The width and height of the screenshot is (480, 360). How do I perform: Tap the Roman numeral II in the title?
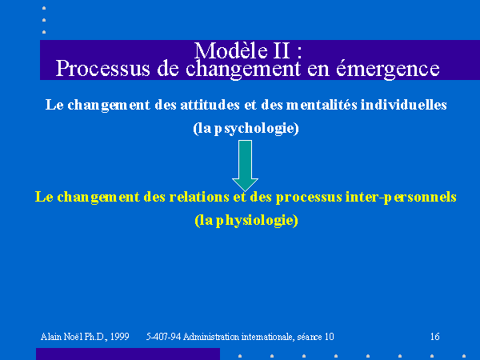tap(281, 50)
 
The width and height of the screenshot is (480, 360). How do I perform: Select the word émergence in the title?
tap(388, 69)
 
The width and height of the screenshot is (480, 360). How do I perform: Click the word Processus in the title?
tap(103, 69)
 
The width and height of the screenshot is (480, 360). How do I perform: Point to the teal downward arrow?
tap(246, 166)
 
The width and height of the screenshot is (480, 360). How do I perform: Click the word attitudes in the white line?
tap(210, 105)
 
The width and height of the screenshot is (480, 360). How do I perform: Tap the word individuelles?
tap(404, 105)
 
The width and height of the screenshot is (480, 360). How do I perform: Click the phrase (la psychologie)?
tap(246, 128)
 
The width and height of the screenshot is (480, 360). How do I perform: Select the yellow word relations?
tap(199, 197)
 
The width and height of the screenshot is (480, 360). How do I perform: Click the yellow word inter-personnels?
tap(401, 197)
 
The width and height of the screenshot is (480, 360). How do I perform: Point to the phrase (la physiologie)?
tap(246, 221)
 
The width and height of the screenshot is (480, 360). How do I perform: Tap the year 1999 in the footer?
tap(120, 337)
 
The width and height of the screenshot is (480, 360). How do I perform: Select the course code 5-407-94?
tap(163, 337)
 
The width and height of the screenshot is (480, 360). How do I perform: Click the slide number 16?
tap(434, 337)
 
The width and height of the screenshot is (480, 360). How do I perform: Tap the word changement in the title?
tap(243, 69)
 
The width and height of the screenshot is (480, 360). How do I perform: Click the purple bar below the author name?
tap(128, 354)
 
